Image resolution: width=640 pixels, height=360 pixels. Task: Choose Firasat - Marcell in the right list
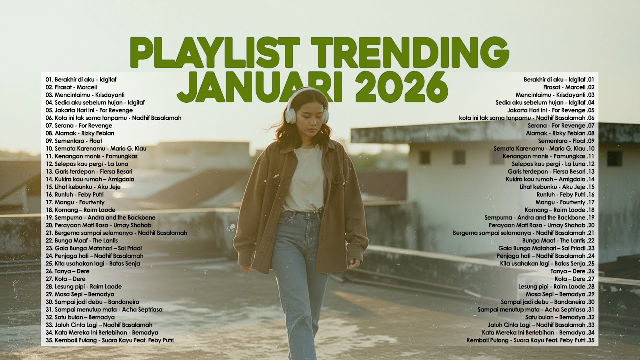[x=565, y=87]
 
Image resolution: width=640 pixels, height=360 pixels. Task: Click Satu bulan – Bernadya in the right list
[x=560, y=317]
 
